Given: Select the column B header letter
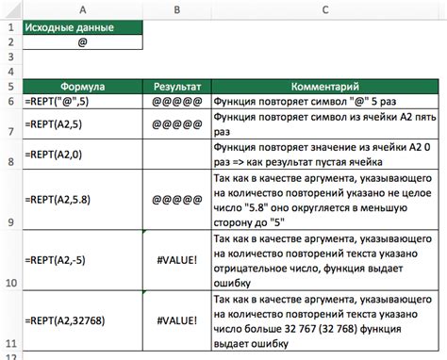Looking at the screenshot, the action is pyautogui.click(x=176, y=11).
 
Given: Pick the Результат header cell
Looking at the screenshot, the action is pyautogui.click(x=176, y=85).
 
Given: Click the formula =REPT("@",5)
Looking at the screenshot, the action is pyautogui.click(x=60, y=101).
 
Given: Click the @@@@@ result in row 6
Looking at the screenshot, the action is pyautogui.click(x=176, y=101).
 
